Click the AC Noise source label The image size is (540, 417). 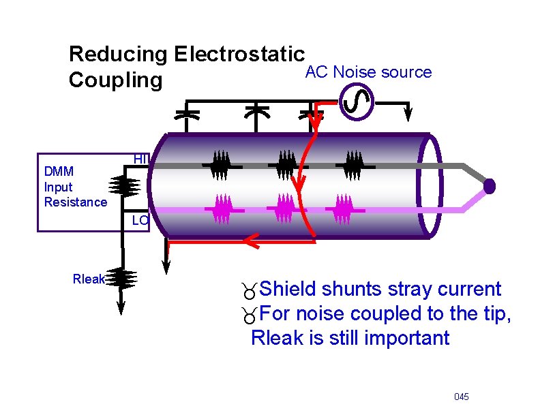pos(368,72)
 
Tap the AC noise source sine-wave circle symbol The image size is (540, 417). pos(356,103)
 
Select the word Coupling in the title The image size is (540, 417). pos(116,80)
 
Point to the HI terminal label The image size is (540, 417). pos(140,159)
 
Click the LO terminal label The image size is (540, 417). pos(140,220)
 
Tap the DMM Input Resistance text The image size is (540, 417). pos(75,186)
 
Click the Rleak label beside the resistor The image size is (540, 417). pos(89,278)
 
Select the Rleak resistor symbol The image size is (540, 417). pos(123,278)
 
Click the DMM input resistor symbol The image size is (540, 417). pos(123,185)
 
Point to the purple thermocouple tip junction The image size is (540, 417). pos(489,186)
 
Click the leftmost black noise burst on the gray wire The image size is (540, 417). pos(220,164)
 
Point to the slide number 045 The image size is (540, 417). pos(461,397)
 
